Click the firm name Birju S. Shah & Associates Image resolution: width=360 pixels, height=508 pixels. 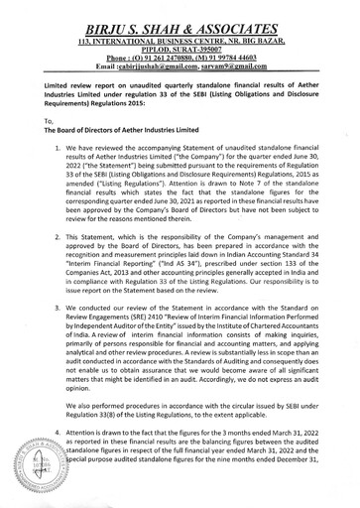180,14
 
